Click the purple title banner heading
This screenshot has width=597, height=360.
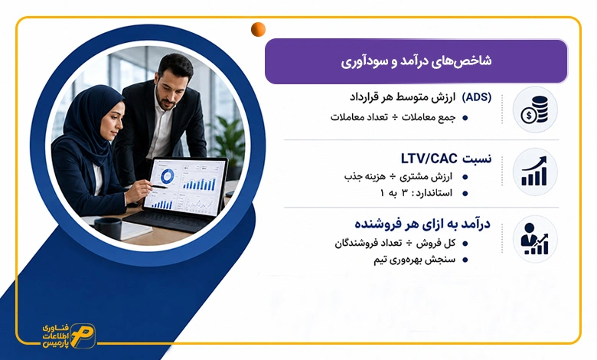pos(416,61)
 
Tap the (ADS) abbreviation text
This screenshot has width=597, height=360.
pos(476,97)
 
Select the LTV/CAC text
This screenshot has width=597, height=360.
pos(429,159)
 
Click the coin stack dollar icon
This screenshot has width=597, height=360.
pos(534,110)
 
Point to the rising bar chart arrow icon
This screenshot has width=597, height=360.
pos(534,172)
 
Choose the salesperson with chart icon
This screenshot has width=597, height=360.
pos(534,239)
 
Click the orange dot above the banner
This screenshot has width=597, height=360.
pos(258,29)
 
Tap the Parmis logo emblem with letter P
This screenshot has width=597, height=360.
pos(83,336)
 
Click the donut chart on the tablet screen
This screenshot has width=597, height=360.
pos(167,176)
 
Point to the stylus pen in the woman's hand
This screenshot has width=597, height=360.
pos(155,186)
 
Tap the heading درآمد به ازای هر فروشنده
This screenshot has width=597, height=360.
pos(422,224)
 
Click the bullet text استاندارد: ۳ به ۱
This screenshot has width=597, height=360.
pos(416,193)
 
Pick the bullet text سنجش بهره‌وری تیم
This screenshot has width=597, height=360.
pos(414,260)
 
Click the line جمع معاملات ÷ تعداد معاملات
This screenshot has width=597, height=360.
pos(393,117)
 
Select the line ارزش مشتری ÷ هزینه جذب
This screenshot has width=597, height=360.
pos(398,177)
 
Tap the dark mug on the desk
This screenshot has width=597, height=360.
pos(108,227)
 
